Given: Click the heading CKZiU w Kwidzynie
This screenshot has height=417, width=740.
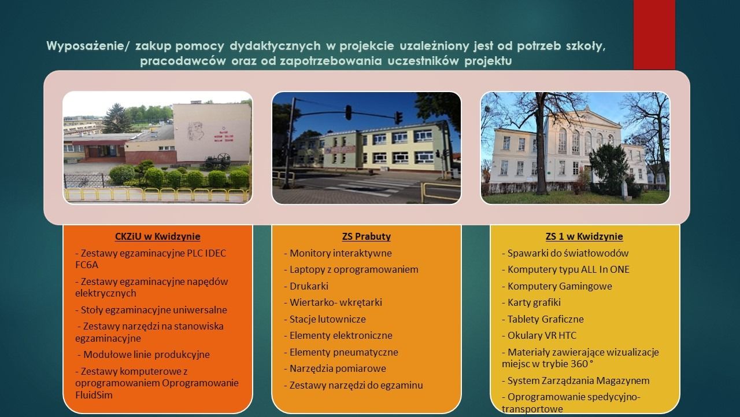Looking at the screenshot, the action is (158, 236).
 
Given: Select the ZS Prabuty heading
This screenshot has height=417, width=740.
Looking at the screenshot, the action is (367, 236).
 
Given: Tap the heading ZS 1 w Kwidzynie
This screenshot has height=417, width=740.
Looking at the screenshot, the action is (584, 236).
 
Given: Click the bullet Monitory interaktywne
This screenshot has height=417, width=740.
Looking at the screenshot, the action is (338, 253).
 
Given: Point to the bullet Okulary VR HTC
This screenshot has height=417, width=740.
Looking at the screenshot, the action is (539, 335).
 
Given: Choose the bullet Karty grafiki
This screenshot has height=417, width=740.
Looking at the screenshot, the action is (531, 302).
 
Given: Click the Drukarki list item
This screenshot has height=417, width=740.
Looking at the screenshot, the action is (306, 286).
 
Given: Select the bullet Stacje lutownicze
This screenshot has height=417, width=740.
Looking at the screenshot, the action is (325, 319).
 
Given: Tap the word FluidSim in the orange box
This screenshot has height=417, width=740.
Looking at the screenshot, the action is (94, 395).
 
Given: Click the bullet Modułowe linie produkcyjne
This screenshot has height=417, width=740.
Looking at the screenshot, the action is (144, 354).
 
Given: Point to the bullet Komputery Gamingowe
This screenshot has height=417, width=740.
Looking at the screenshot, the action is (557, 286).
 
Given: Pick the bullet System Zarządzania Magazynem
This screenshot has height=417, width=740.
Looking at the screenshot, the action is (575, 381).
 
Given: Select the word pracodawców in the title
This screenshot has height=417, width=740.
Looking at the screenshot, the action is (183, 61).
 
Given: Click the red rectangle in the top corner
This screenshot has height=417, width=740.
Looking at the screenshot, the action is (654, 35).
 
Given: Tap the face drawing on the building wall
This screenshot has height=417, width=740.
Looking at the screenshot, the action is (195, 131).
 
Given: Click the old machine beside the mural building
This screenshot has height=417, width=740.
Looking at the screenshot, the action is (217, 162).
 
